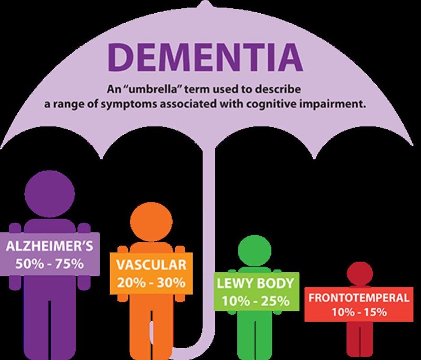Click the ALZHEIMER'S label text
(49, 246)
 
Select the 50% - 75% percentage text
(49, 264)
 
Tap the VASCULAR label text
(148, 265)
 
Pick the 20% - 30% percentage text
(148, 282)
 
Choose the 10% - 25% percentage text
(255, 301)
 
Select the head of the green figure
(254, 250)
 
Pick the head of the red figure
(359, 274)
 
